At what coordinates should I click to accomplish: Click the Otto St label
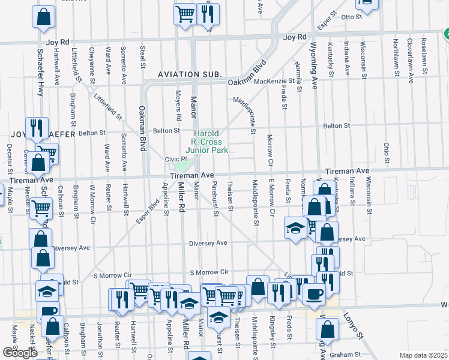point(349,17)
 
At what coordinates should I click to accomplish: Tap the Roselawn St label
point(424,55)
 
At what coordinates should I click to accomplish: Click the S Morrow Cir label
point(209,273)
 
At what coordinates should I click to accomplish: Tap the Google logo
point(20,353)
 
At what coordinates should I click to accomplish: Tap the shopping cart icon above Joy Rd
point(185,13)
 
